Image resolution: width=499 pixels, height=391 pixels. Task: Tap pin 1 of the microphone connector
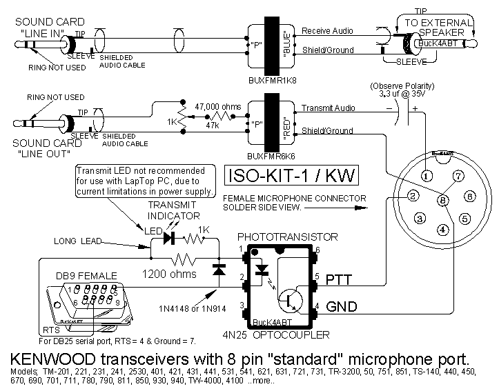click(428, 175)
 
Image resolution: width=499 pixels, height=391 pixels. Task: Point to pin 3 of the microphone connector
click(419, 219)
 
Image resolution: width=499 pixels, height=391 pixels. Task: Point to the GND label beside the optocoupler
click(342, 305)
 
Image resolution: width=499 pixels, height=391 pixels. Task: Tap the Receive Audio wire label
click(328, 32)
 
